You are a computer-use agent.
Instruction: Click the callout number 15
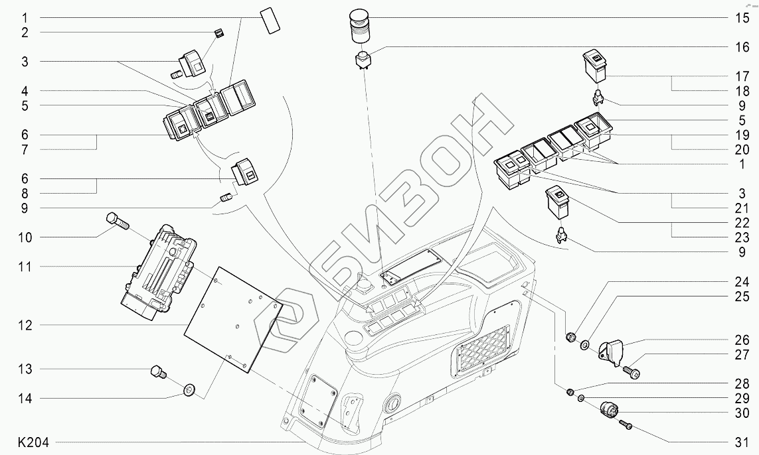[742, 18]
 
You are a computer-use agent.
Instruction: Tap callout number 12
[24, 326]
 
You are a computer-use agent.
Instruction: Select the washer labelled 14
[189, 389]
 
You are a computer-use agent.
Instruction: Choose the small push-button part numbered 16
[363, 60]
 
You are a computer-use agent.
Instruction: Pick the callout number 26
[742, 340]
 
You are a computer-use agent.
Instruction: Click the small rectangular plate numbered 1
[270, 21]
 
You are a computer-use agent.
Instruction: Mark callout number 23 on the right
[742, 237]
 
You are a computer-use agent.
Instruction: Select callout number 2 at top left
[24, 32]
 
